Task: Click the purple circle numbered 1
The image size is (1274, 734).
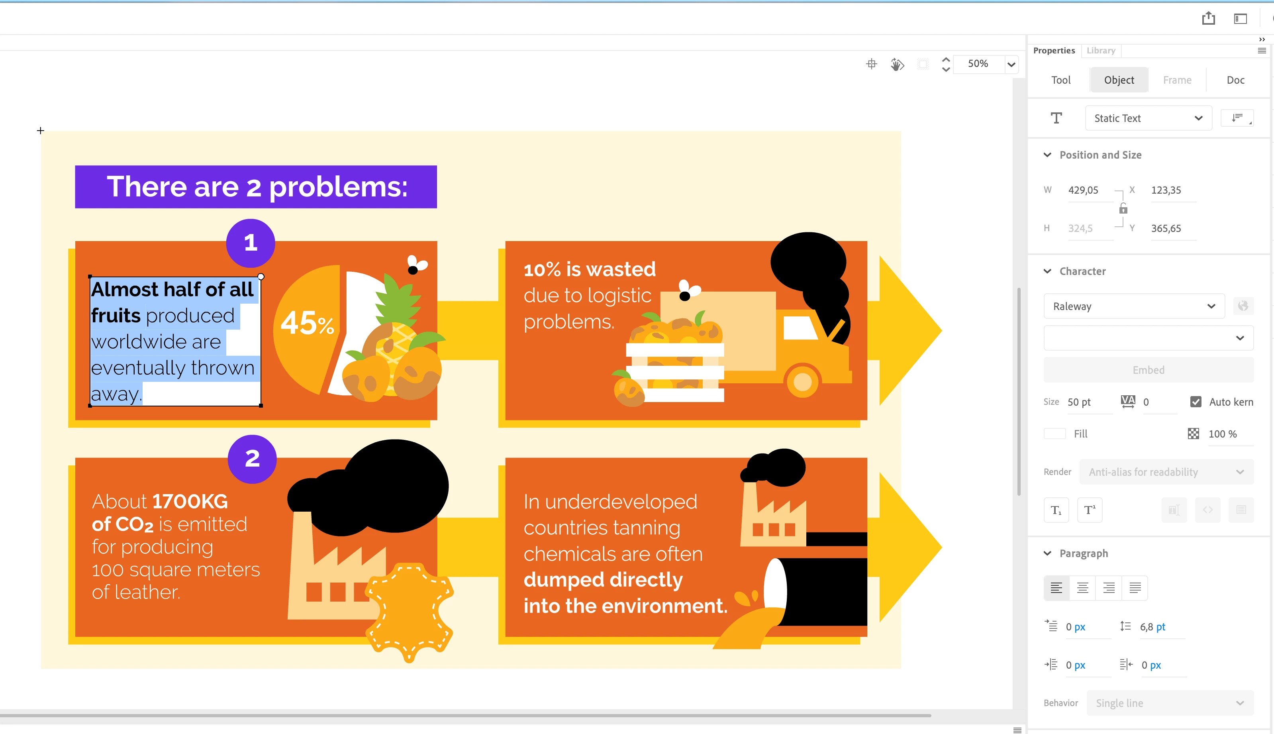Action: point(251,243)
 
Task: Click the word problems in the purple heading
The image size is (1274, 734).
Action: point(338,188)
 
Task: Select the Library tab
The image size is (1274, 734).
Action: point(1101,51)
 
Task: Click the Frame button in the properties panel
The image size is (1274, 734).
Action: point(1177,80)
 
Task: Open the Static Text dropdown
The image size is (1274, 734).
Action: point(1149,118)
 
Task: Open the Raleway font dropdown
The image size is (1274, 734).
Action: point(1134,306)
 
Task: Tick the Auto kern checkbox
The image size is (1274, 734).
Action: point(1196,402)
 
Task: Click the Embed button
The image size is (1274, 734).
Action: point(1149,370)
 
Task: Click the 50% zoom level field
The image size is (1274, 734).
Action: point(978,63)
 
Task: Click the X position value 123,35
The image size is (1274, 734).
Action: point(1166,190)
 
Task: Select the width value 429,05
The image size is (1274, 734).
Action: point(1083,190)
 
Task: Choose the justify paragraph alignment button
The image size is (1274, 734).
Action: point(1135,588)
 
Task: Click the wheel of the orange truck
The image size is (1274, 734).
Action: point(802,382)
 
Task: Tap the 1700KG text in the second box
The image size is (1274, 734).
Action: point(190,501)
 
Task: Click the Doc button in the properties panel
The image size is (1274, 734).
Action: point(1235,80)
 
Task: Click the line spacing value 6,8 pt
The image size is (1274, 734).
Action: point(1152,627)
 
